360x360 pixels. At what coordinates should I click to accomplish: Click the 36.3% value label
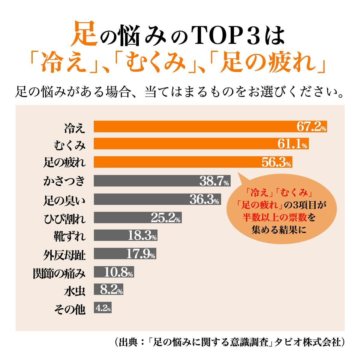[x=204, y=199]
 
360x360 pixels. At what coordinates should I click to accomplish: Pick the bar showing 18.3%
[x=125, y=236]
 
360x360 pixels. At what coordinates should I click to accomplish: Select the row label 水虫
[x=74, y=291]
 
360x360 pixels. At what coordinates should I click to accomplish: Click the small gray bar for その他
[x=103, y=308]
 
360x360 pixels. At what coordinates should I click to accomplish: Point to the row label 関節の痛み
[x=59, y=273]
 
